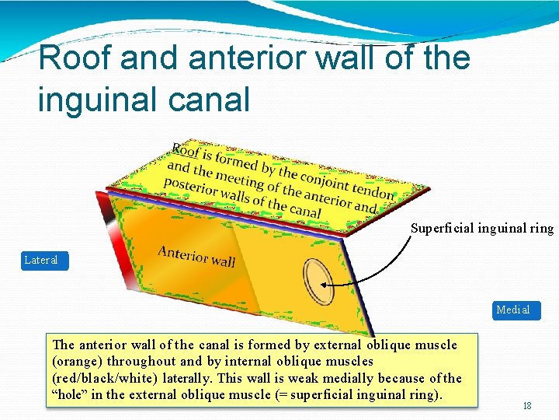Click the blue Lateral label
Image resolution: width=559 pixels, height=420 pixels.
click(x=41, y=260)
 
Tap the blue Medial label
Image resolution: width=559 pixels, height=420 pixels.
click(x=513, y=310)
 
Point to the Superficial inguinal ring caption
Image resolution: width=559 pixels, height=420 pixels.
click(x=481, y=228)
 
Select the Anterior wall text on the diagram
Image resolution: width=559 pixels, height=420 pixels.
click(x=196, y=256)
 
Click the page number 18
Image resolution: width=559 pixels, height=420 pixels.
click(x=527, y=405)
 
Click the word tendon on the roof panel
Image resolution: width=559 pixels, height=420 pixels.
click(x=372, y=191)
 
